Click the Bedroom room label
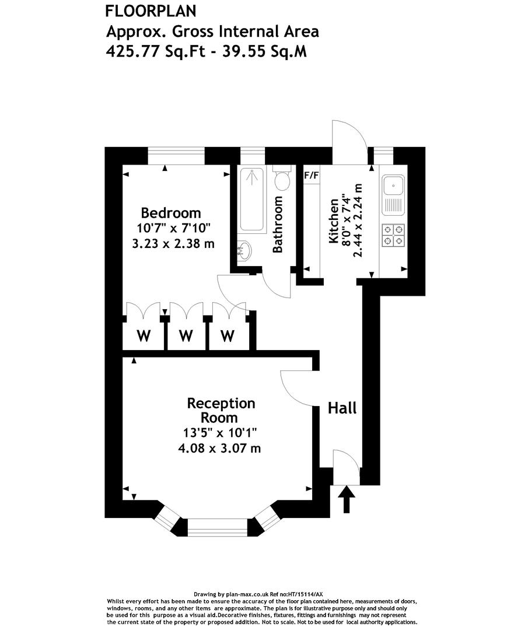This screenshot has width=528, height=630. [171, 213]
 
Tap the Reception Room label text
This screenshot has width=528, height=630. [221, 410]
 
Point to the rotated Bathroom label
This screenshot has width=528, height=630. [278, 225]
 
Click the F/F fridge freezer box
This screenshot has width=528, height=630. [312, 174]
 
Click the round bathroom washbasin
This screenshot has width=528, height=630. [246, 251]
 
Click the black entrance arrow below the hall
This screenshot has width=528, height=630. [347, 499]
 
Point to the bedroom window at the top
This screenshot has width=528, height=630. [176, 156]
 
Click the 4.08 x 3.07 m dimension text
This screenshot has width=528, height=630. [219, 449]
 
